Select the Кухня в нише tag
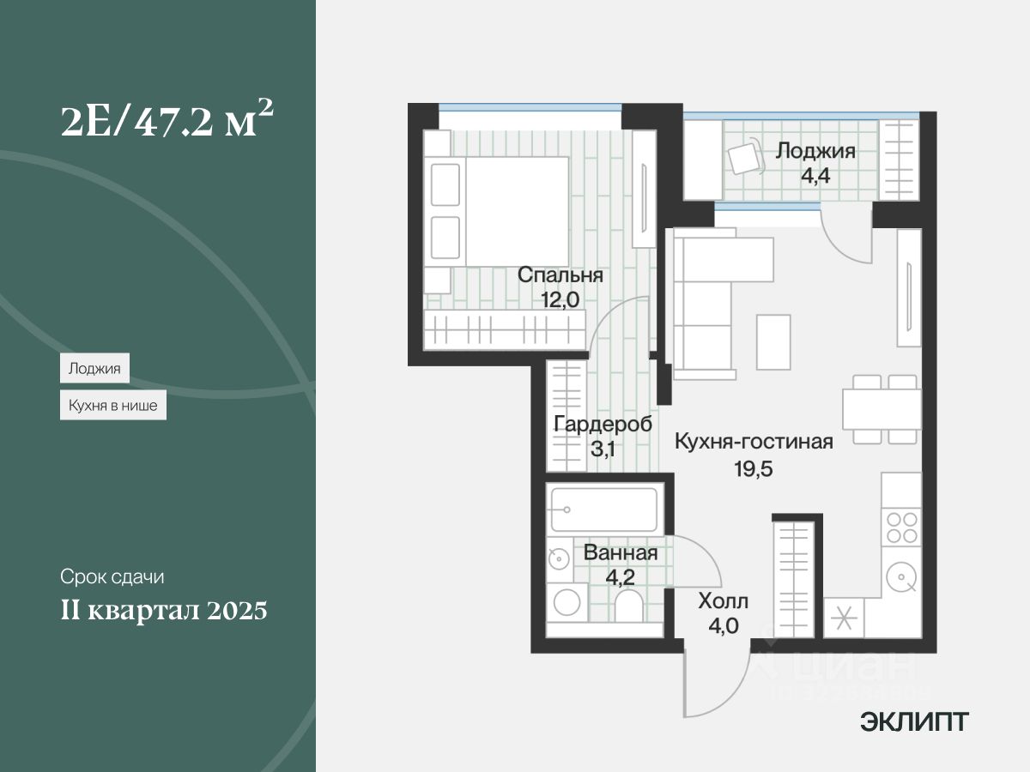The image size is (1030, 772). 112,406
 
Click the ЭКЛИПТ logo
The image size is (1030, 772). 914,722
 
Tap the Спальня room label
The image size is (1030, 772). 560,276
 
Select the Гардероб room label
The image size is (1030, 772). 603,425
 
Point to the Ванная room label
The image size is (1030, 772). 621,553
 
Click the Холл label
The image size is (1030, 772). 723,600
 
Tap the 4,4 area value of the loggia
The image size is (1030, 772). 815,177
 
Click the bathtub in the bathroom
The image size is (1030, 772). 604,510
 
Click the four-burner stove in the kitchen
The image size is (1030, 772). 901,527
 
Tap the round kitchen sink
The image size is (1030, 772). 901,576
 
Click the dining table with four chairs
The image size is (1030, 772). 881,409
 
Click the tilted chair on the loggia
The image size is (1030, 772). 744,158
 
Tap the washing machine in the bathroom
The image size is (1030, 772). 566,603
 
